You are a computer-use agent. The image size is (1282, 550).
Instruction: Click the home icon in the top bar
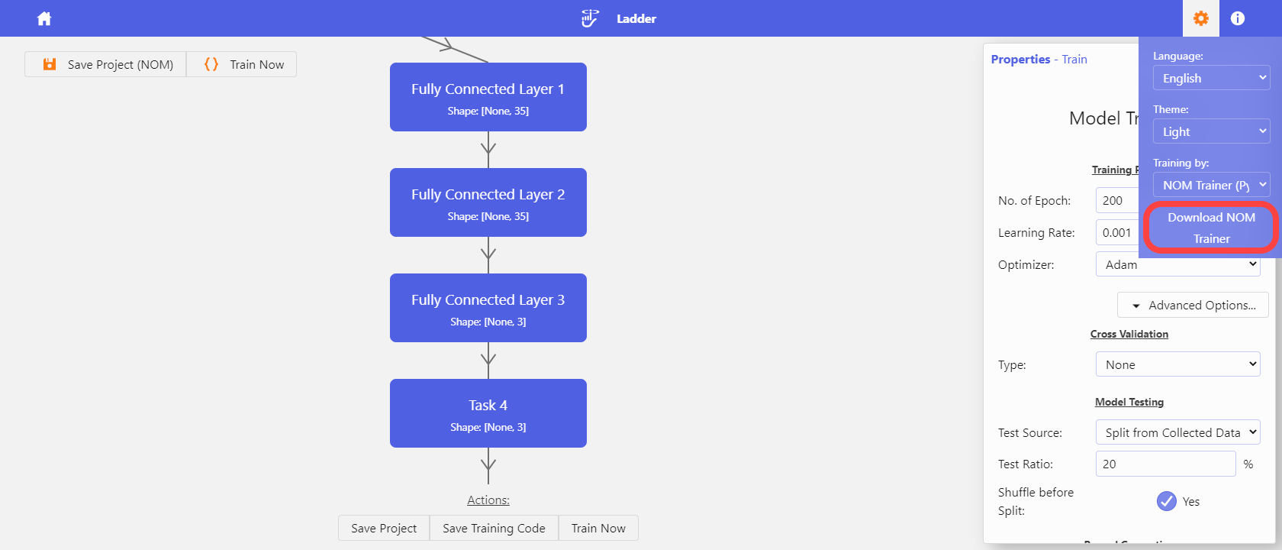pyautogui.click(x=44, y=18)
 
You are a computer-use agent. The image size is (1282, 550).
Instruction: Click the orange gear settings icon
pyautogui.click(x=1200, y=18)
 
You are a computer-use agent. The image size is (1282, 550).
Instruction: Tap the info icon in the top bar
pyautogui.click(x=1238, y=18)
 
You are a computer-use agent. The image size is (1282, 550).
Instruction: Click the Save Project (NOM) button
pyautogui.click(x=106, y=64)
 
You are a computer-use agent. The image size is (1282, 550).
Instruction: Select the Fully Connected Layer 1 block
pyautogui.click(x=488, y=97)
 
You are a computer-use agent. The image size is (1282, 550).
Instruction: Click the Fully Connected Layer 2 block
pyautogui.click(x=488, y=202)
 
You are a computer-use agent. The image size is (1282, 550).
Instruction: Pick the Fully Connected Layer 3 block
pyautogui.click(x=488, y=308)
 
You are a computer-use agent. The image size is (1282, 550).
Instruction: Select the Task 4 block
pyautogui.click(x=488, y=413)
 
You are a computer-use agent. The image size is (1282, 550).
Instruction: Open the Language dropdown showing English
pyautogui.click(x=1211, y=78)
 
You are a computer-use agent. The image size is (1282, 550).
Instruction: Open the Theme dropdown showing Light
pyautogui.click(x=1211, y=131)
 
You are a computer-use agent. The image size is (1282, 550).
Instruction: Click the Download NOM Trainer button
pyautogui.click(x=1211, y=228)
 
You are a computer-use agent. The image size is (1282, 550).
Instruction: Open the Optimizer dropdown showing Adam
pyautogui.click(x=1177, y=264)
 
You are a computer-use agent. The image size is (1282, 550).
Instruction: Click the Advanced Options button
pyautogui.click(x=1193, y=305)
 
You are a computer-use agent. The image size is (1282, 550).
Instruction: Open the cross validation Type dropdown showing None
pyautogui.click(x=1177, y=364)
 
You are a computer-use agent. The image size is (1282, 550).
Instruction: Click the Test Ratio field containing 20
pyautogui.click(x=1164, y=464)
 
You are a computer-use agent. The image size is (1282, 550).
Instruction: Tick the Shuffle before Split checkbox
pyautogui.click(x=1166, y=501)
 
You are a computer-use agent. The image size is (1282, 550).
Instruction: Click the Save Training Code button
pyautogui.click(x=494, y=528)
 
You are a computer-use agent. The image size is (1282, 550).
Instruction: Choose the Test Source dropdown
pyautogui.click(x=1177, y=432)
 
